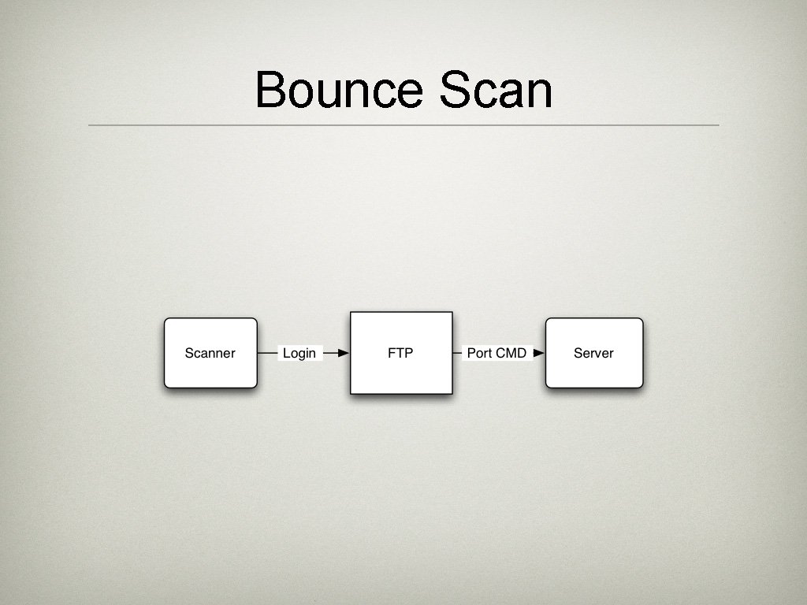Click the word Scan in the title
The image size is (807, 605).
coord(496,90)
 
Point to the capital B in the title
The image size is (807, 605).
coord(270,90)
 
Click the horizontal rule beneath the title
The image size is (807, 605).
coord(403,124)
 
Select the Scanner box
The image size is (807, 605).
coord(210,353)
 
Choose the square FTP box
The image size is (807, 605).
coord(401,353)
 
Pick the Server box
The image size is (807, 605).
coord(594,353)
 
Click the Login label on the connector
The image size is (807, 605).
coord(299,353)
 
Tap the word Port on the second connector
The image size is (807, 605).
coord(479,353)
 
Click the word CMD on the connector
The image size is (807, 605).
coord(511,353)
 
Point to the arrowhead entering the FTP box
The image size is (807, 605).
coord(343,353)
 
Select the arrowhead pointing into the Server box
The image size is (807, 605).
coord(539,353)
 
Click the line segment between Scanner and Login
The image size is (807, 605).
coord(267,353)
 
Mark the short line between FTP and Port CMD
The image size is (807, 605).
coord(457,353)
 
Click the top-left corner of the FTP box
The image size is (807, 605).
coord(351,313)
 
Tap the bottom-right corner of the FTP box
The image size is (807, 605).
coord(452,393)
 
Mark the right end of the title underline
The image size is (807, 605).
coord(718,124)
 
